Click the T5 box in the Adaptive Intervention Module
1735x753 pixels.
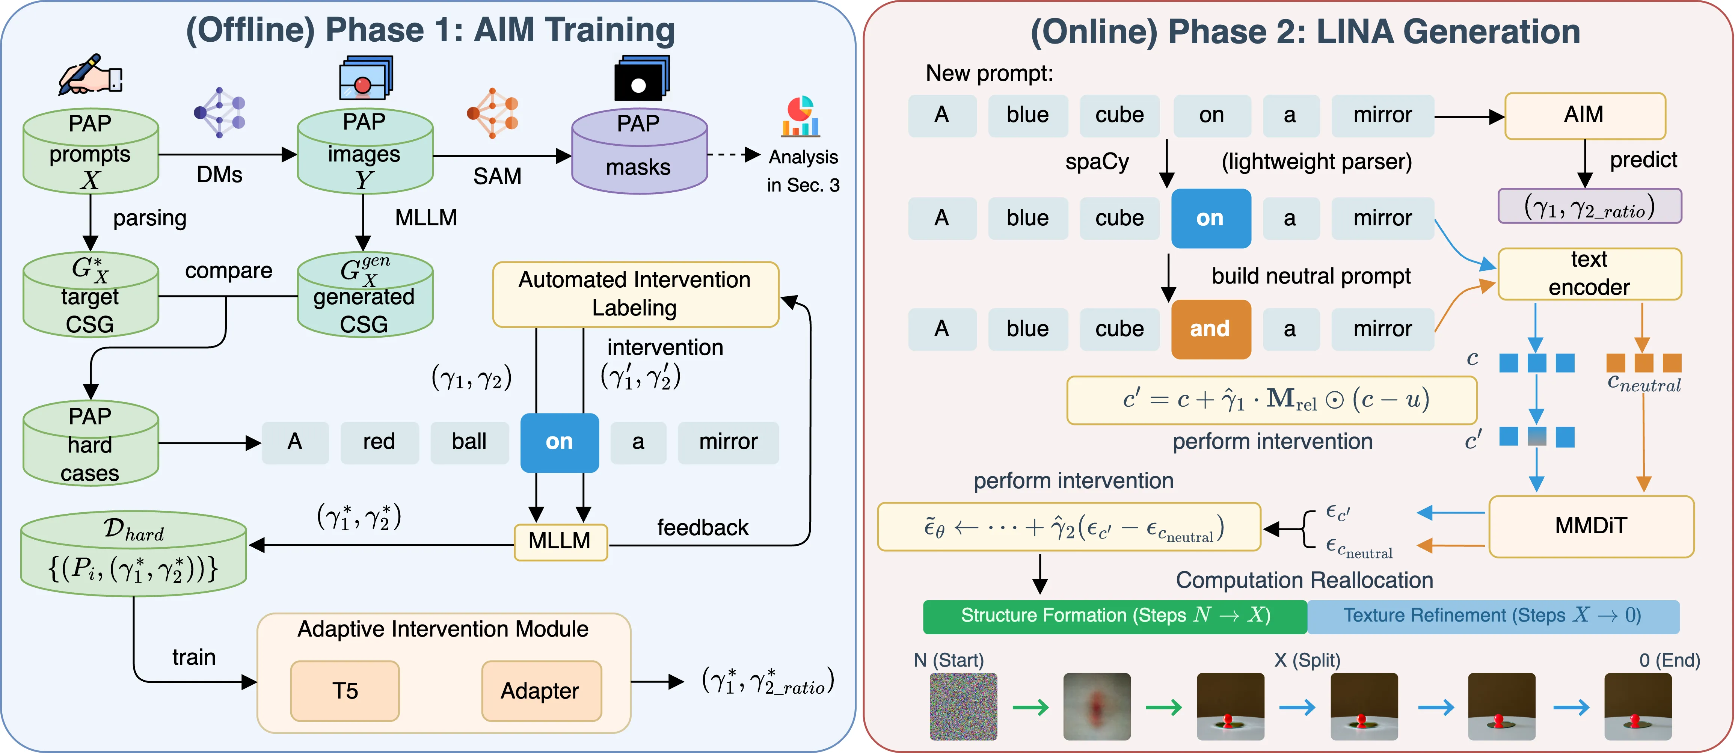[345, 690]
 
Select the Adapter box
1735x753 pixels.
[541, 690]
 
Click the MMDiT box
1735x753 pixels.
[1591, 526]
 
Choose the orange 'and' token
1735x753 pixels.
[1210, 329]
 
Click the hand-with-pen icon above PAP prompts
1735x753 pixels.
[90, 75]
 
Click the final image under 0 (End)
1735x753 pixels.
[1637, 706]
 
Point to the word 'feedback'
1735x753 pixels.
[703, 527]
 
